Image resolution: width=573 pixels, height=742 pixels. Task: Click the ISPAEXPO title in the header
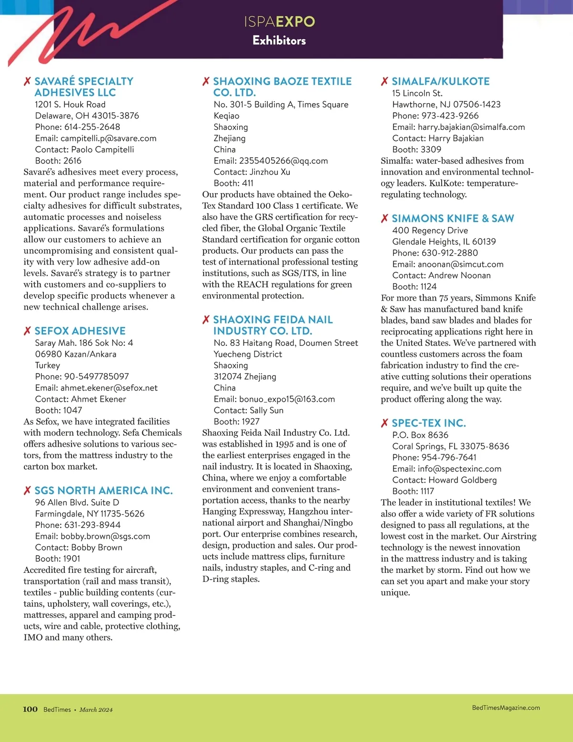coord(279,22)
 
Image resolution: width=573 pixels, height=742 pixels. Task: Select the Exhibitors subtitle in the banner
coord(279,40)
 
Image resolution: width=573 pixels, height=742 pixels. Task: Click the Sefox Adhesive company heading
coord(80,331)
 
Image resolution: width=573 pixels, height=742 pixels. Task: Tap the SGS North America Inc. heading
coord(104,490)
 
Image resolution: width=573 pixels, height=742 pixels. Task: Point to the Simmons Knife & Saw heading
coord(453,218)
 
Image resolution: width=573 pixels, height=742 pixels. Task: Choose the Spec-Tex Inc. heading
coord(428,423)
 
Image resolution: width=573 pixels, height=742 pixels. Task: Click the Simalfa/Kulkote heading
coord(440,81)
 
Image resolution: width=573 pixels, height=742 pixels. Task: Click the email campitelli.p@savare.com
coord(108,138)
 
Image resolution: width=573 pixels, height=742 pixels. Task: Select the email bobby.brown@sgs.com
coord(105,536)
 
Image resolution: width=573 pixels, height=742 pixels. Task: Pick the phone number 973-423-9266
coord(450,116)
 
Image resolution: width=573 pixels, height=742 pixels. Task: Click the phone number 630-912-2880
coord(449,253)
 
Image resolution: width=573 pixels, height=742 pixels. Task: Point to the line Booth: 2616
coord(58,161)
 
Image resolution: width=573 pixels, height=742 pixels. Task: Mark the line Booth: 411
coord(233,183)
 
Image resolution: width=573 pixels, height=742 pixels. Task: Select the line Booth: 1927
coord(236,421)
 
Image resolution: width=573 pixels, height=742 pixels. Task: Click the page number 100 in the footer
coord(30,709)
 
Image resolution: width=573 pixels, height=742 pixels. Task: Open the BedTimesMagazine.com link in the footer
coord(506,708)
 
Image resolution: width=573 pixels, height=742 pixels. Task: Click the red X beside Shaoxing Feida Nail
coord(206,320)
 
